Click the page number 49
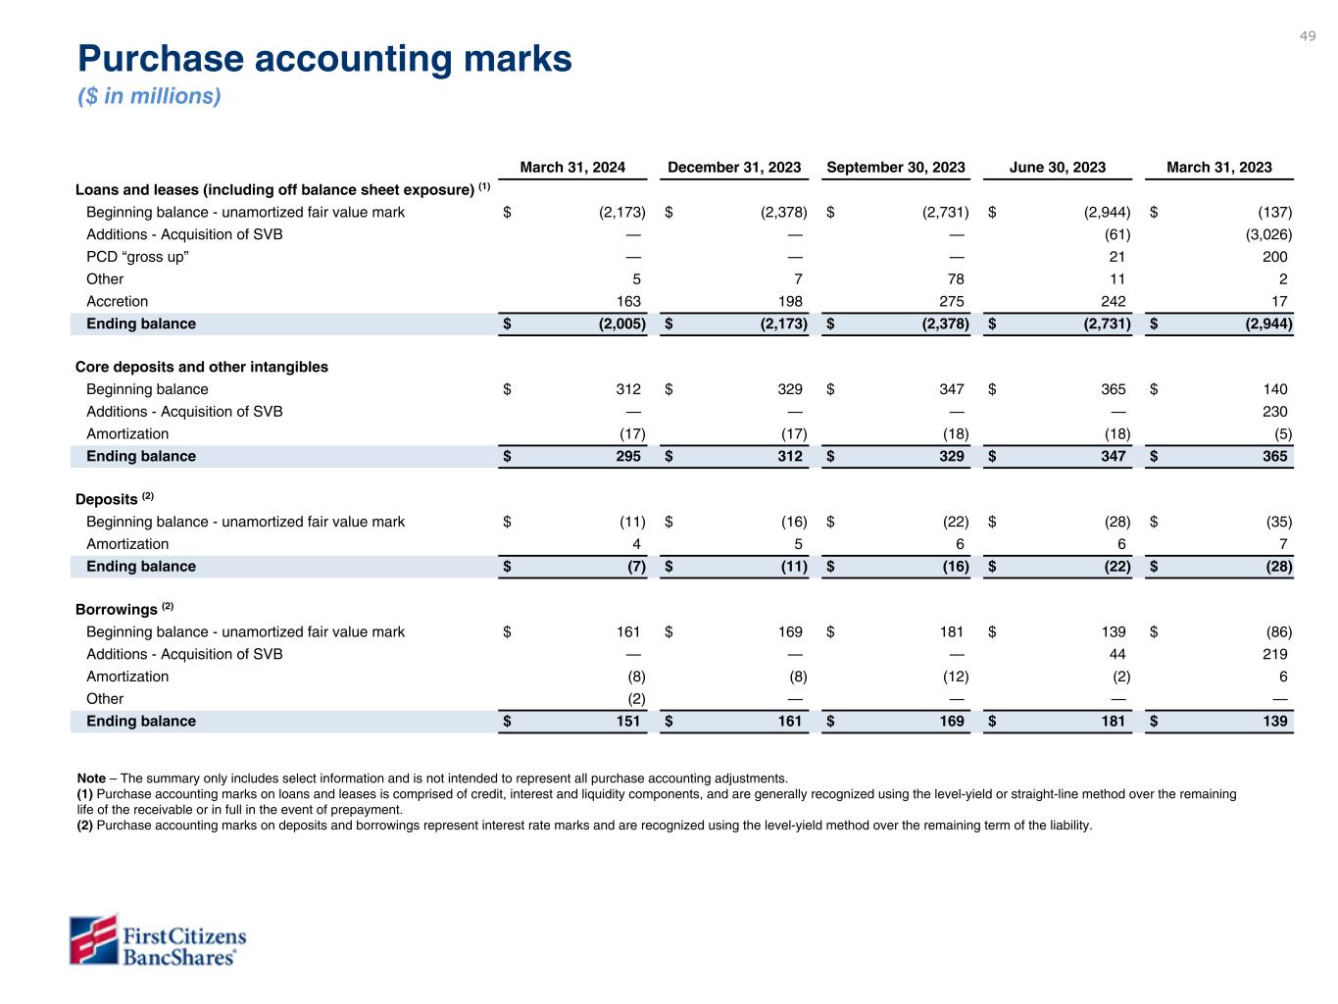tap(1308, 36)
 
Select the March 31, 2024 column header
tap(572, 168)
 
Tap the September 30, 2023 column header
tap(896, 168)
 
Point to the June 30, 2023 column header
tap(1058, 168)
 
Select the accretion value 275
tap(951, 302)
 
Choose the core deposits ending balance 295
tap(627, 457)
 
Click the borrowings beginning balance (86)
tap(1278, 632)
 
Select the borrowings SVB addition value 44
tap(1116, 655)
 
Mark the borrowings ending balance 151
tap(627, 722)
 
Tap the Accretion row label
tap(117, 302)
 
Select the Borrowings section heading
tap(117, 610)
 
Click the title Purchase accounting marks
tap(324, 60)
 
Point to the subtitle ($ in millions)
tap(150, 96)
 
